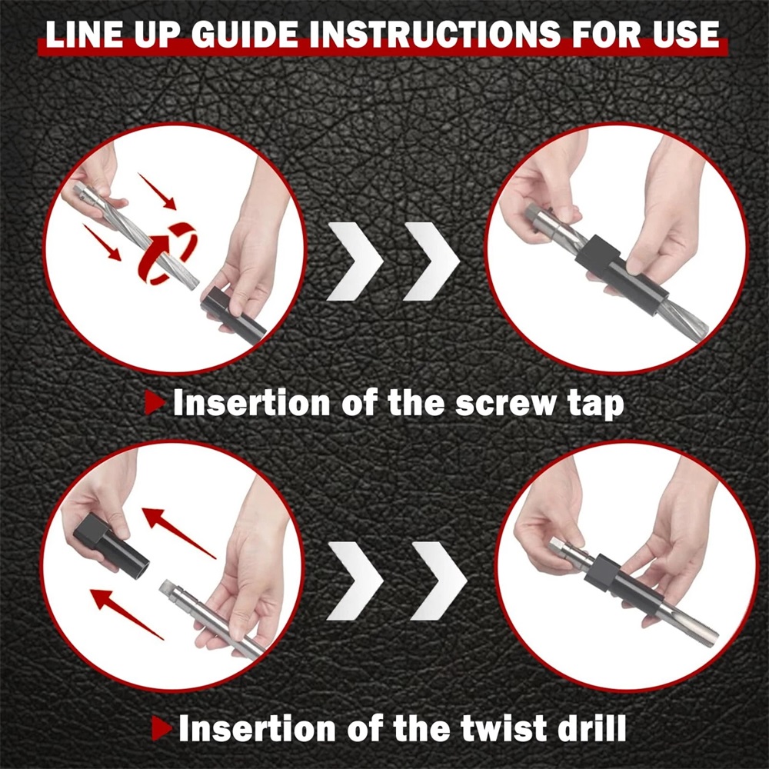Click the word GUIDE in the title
[244, 35]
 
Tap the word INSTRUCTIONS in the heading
[434, 35]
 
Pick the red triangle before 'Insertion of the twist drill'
[161, 728]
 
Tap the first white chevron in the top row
[355, 261]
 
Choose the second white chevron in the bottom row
[439, 581]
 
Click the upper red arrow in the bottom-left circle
[178, 533]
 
